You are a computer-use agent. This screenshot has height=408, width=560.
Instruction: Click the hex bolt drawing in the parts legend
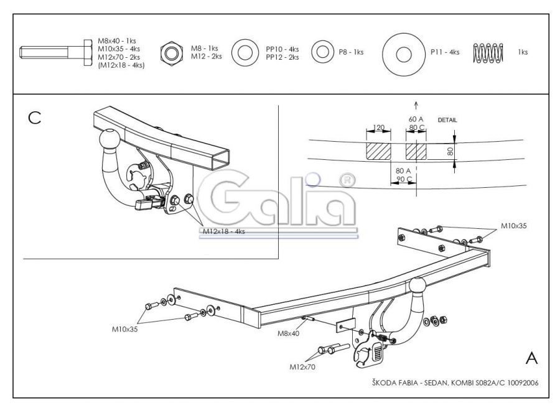(x=56, y=52)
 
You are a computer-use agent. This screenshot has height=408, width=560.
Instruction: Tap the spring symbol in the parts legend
(x=488, y=52)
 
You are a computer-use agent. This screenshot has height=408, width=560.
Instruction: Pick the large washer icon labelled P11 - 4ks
(x=403, y=55)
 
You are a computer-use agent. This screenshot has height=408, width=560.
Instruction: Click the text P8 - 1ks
(x=351, y=52)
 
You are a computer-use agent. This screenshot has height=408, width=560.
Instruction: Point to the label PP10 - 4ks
(x=282, y=49)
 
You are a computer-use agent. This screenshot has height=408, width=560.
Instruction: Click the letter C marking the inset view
(x=35, y=118)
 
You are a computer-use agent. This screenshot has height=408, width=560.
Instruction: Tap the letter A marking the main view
(x=531, y=358)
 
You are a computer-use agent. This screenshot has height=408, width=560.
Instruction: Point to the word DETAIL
(x=447, y=120)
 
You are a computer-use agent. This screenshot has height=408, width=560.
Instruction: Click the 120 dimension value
(x=378, y=127)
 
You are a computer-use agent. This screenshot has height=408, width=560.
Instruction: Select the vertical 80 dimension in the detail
(x=450, y=151)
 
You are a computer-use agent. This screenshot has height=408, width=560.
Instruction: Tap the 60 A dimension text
(x=416, y=119)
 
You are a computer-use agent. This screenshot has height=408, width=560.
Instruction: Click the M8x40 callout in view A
(x=289, y=333)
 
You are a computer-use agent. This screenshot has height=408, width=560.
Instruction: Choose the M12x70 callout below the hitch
(x=302, y=366)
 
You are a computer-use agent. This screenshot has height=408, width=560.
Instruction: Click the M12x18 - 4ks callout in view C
(x=224, y=231)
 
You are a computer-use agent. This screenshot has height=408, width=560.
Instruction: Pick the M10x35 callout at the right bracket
(x=513, y=226)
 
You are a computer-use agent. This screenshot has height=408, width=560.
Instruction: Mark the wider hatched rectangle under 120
(x=378, y=151)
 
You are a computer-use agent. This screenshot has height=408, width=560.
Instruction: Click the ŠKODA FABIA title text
(x=395, y=383)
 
